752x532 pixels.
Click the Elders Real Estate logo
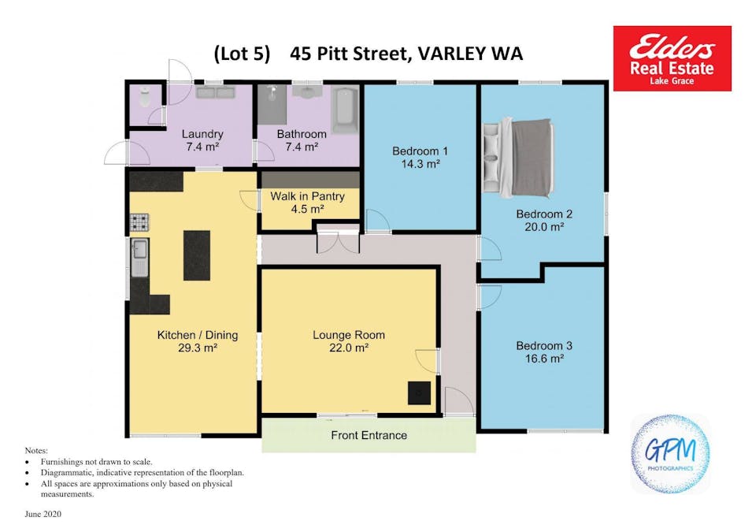pyautogui.click(x=672, y=58)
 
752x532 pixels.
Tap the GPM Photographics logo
pyautogui.click(x=670, y=454)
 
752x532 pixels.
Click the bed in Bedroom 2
pyautogui.click(x=518, y=158)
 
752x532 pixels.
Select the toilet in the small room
pyautogui.click(x=145, y=98)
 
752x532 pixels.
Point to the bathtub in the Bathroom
pyautogui.click(x=345, y=110)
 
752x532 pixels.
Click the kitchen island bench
pyautogui.click(x=197, y=255)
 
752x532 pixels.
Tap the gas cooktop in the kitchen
pyautogui.click(x=139, y=222)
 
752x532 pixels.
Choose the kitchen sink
pyautogui.click(x=139, y=258)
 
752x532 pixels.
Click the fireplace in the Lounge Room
pyautogui.click(x=419, y=393)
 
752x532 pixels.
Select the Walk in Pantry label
pyautogui.click(x=307, y=196)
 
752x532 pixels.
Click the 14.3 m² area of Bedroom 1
pyautogui.click(x=420, y=164)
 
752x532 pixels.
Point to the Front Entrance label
pyautogui.click(x=369, y=436)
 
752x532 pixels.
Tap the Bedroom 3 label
pyautogui.click(x=544, y=346)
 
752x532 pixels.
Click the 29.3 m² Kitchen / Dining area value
pyautogui.click(x=198, y=348)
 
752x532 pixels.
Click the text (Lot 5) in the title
pyautogui.click(x=243, y=54)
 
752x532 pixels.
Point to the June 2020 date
pyautogui.click(x=43, y=514)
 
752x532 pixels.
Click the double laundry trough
pyautogui.click(x=215, y=92)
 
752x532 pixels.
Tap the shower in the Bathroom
pyautogui.click(x=272, y=105)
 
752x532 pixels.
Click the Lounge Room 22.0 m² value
pyautogui.click(x=349, y=348)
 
